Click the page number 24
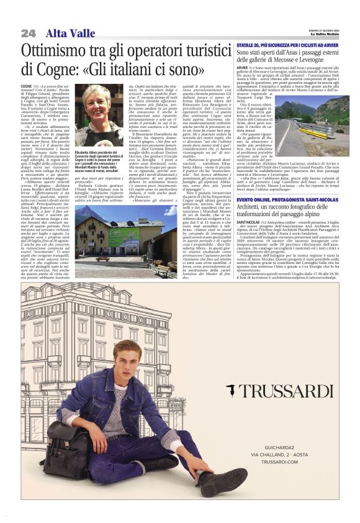click(x=27, y=33)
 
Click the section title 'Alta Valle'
click(x=68, y=33)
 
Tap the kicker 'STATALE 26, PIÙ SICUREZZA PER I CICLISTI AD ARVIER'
click(x=287, y=46)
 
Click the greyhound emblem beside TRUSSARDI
click(x=232, y=391)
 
